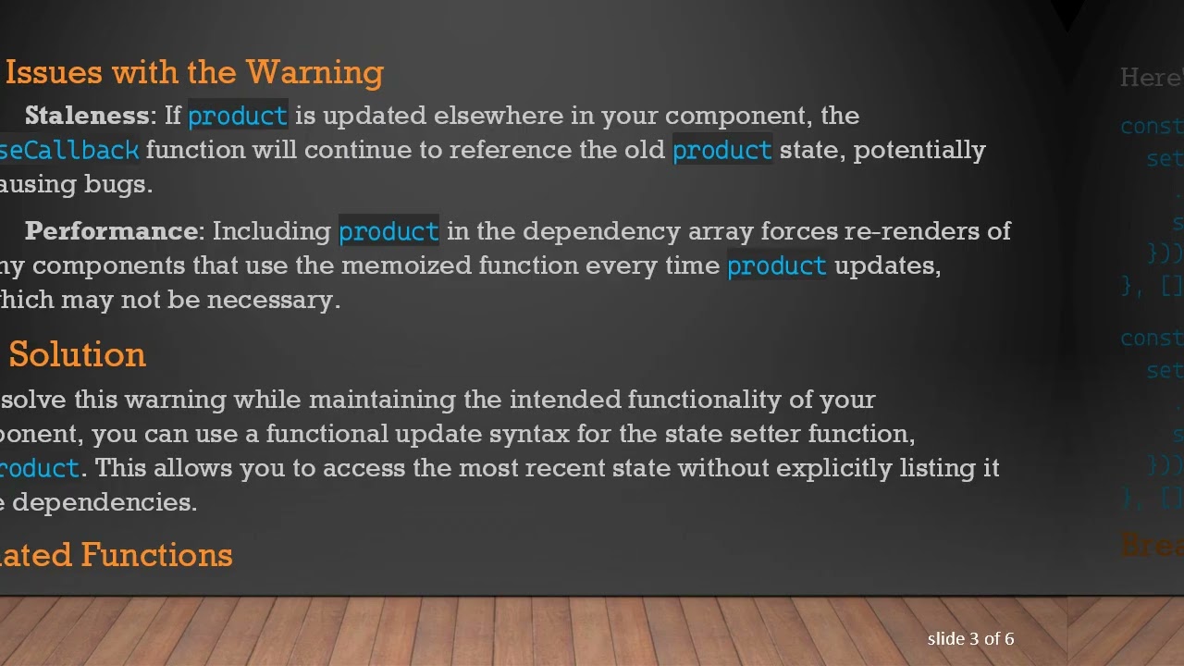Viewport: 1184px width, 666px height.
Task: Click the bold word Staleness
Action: pyautogui.click(x=86, y=116)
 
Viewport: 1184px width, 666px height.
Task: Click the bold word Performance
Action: pyautogui.click(x=111, y=231)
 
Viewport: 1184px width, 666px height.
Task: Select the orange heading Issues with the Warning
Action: pyautogui.click(x=194, y=72)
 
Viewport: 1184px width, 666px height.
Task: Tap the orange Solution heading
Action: pyautogui.click(x=77, y=354)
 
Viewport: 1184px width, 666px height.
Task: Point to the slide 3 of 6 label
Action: pyautogui.click(x=970, y=639)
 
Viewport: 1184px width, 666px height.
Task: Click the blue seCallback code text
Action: pyautogui.click(x=69, y=150)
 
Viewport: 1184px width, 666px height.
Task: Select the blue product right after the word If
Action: pyautogui.click(x=238, y=116)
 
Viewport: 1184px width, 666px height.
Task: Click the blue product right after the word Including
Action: pyautogui.click(x=388, y=231)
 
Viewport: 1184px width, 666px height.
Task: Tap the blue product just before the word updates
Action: pyautogui.click(x=776, y=266)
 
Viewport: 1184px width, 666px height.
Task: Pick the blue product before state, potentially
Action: pyautogui.click(x=721, y=150)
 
